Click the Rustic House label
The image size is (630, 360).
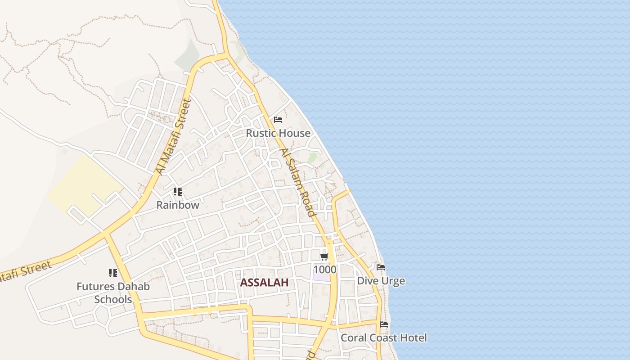tap(278, 133)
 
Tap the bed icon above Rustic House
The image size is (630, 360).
tap(278, 120)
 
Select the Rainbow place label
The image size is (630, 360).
tap(178, 205)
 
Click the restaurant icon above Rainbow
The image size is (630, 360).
tap(178, 192)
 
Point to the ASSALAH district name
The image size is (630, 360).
tap(264, 283)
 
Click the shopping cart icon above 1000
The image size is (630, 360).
tap(324, 257)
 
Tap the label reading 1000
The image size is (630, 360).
tap(325, 270)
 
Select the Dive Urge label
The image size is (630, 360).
tap(381, 281)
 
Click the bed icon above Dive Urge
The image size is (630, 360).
tap(381, 268)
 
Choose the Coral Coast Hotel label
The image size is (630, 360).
tap(383, 337)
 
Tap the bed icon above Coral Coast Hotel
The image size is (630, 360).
tap(384, 324)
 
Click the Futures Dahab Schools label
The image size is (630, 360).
tap(113, 292)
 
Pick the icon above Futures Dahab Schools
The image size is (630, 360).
tap(113, 273)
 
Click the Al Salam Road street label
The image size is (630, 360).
tap(297, 182)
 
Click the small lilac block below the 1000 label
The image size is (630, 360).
tap(322, 277)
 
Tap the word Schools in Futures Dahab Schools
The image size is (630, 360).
tap(113, 299)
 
